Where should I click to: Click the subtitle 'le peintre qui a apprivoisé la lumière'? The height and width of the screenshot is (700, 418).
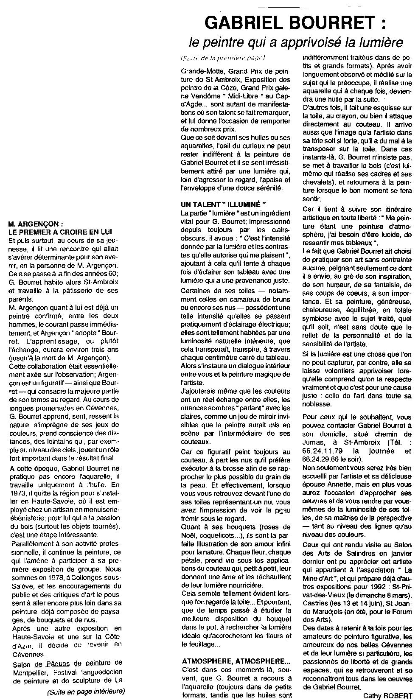coord(295,42)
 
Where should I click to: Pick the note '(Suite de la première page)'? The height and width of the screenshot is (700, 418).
coord(222,58)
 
